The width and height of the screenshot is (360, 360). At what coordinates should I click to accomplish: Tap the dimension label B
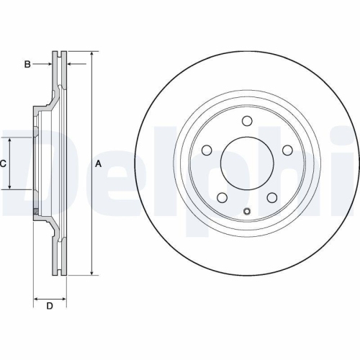pyautogui.click(x=27, y=65)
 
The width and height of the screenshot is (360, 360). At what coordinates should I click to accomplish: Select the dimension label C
pyautogui.click(x=3, y=163)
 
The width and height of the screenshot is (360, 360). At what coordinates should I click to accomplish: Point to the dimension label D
pyautogui.click(x=50, y=307)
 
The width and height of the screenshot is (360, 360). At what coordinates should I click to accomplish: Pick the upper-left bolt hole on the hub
pyautogui.click(x=206, y=150)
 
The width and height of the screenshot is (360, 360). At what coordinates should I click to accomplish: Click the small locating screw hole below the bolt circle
pyautogui.click(x=246, y=211)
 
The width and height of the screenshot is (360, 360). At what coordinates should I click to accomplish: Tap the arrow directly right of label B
pyautogui.click(x=50, y=65)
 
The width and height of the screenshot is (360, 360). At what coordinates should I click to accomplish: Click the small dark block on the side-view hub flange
pyautogui.click(x=36, y=210)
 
